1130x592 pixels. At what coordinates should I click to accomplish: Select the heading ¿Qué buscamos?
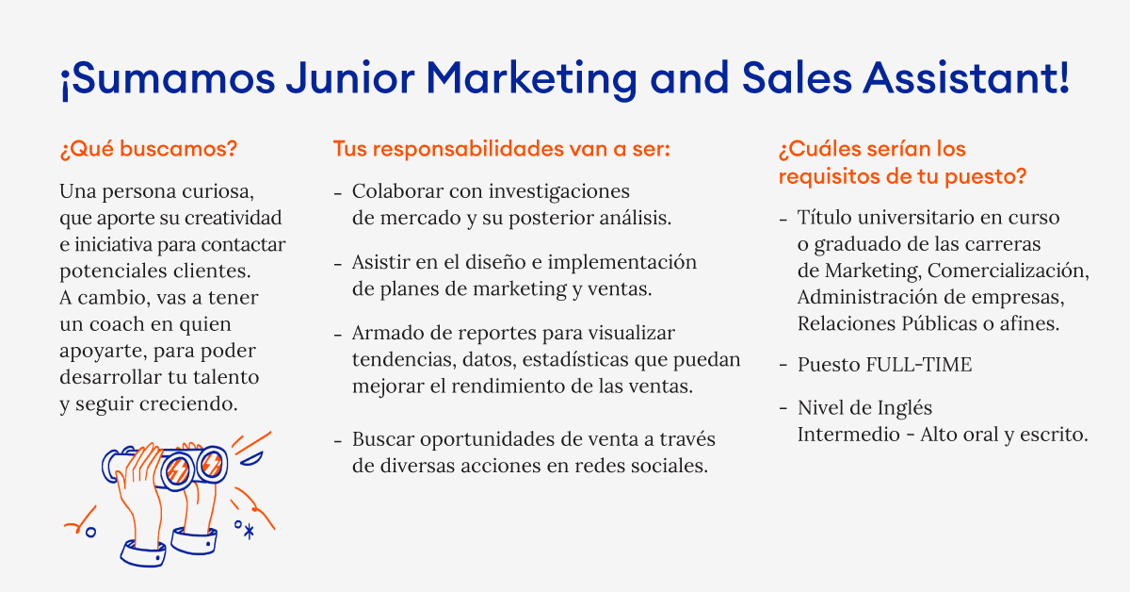148,149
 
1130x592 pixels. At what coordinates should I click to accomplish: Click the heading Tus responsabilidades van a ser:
501,149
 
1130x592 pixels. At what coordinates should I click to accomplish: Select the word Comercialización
1008,271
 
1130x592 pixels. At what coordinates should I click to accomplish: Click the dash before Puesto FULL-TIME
783,365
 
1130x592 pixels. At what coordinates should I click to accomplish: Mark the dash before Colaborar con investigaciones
338,192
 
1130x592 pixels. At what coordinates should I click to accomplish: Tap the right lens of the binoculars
211,463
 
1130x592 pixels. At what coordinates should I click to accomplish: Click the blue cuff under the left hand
143,554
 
